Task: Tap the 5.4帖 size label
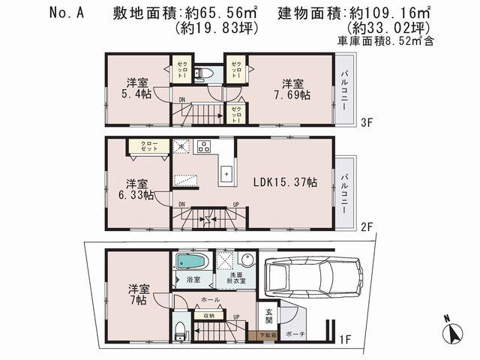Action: pyautogui.click(x=136, y=95)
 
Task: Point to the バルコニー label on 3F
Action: pyautogui.click(x=343, y=90)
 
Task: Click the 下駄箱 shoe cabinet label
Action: pyautogui.click(x=267, y=335)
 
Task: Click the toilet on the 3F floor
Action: pyautogui.click(x=203, y=73)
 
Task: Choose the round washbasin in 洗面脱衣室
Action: pyautogui.click(x=247, y=262)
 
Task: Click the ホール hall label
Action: pyautogui.click(x=211, y=300)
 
